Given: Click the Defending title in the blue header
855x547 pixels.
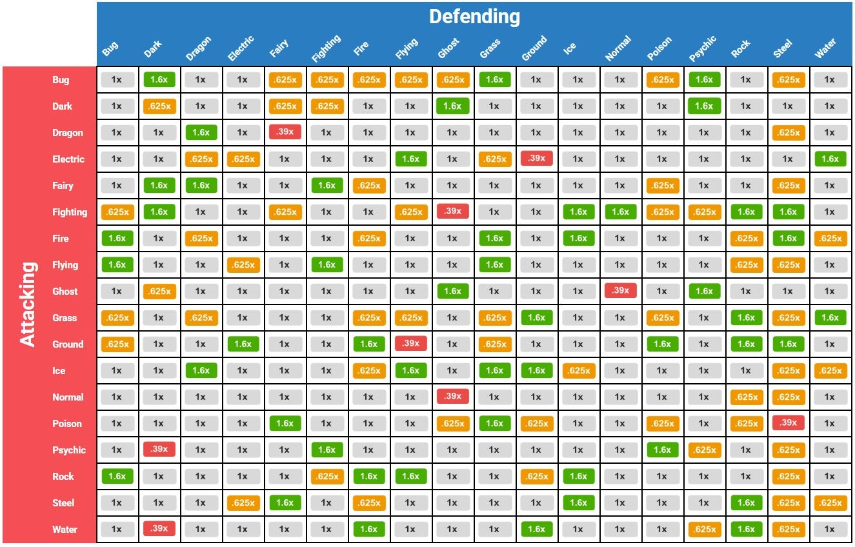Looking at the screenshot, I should [474, 17].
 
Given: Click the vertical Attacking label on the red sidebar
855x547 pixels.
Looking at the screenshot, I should [28, 304].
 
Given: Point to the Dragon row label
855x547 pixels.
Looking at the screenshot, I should [67, 133].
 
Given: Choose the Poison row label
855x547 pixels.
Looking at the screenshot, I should [67, 424].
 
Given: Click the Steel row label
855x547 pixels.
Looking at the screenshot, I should [63, 503].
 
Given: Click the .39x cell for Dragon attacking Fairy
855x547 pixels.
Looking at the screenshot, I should [284, 132].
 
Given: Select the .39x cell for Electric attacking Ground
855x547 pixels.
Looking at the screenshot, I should [536, 158].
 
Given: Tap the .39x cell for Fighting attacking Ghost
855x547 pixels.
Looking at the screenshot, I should [452, 211].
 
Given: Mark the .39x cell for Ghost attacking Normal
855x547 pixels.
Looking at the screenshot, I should [620, 290].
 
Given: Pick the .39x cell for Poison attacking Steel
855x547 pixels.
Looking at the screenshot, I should [788, 423].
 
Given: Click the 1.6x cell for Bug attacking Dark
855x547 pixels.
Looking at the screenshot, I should [159, 80].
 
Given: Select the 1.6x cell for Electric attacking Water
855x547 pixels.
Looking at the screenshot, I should [830, 159].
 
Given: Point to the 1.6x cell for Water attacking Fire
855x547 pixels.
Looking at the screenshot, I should [368, 530].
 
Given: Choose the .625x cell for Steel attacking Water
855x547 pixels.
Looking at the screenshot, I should [830, 503].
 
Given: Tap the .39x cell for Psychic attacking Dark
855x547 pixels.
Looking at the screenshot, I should [159, 449].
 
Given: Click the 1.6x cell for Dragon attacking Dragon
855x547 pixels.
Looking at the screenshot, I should [201, 133].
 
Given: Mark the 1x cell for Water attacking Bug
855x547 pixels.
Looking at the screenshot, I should [117, 530].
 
